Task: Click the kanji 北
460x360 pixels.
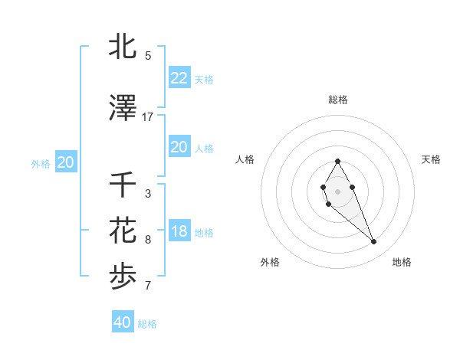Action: [x=123, y=47]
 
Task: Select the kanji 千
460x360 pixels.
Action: [x=123, y=185]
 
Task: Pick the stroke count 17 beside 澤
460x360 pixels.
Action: [x=148, y=117]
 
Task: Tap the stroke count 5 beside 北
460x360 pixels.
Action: [x=148, y=56]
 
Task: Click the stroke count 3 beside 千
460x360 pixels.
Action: [x=148, y=194]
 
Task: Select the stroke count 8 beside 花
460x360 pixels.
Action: [x=148, y=240]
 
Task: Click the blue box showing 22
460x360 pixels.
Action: [x=179, y=78]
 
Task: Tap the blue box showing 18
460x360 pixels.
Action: [x=179, y=232]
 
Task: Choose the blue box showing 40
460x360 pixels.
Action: [x=122, y=322]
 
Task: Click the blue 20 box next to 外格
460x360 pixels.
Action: [x=65, y=162]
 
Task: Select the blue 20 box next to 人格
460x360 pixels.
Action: [x=179, y=147]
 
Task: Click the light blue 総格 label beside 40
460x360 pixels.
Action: [x=147, y=324]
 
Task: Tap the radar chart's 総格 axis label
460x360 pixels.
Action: [x=337, y=100]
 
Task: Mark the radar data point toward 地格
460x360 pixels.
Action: [x=374, y=242]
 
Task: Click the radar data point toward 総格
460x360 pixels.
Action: [x=337, y=161]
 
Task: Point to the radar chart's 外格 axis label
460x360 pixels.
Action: [x=270, y=262]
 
